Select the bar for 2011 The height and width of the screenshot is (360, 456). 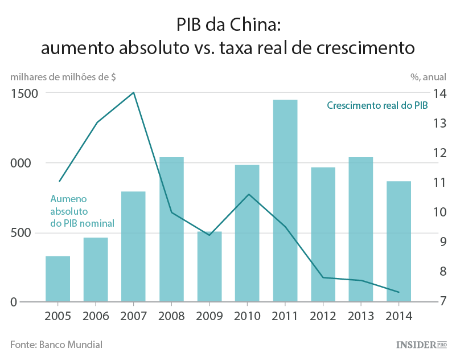[x=285, y=201]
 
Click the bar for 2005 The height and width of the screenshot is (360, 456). [x=58, y=279]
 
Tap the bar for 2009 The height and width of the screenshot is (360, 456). [x=209, y=267]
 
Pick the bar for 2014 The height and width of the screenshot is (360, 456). [x=399, y=241]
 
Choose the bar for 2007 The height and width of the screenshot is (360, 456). [x=134, y=246]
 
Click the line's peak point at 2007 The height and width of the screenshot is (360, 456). [x=134, y=92]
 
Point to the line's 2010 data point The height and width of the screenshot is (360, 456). [x=248, y=194]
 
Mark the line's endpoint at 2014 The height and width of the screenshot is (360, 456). [x=399, y=292]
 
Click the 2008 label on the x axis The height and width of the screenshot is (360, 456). [x=171, y=315]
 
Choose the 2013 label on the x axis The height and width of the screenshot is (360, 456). [x=361, y=315]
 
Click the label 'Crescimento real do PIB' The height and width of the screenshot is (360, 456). [x=377, y=105]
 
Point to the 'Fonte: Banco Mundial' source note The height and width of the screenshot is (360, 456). [x=56, y=344]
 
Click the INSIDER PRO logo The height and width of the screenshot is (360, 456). [x=421, y=345]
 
